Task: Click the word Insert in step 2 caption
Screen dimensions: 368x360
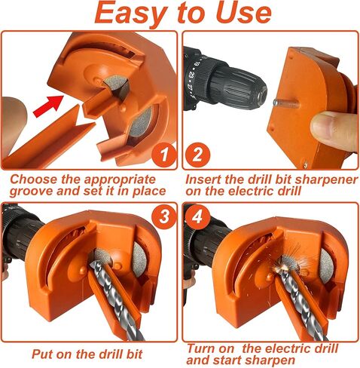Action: click(208, 179)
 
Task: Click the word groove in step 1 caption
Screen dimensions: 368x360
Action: click(32, 192)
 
